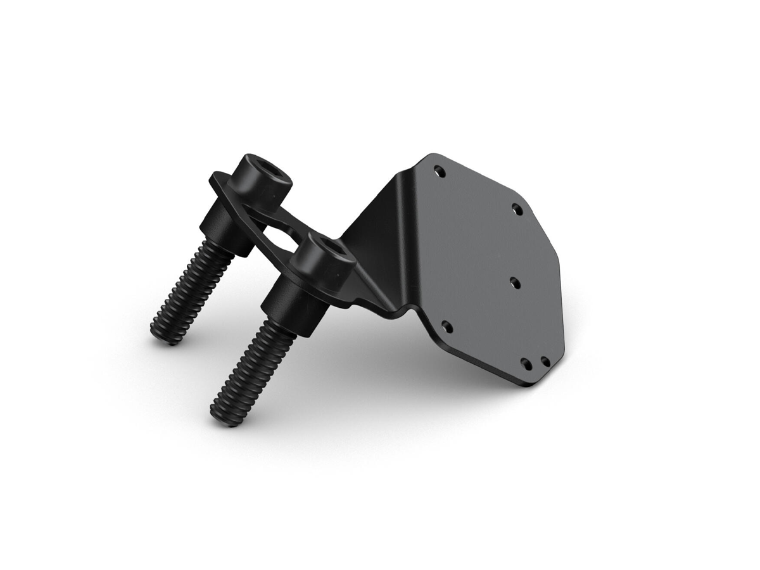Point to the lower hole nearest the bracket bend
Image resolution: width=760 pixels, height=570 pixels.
(446, 327)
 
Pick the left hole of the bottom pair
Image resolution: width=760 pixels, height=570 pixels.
(525, 363)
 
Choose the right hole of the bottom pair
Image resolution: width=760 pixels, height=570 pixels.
(545, 362)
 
